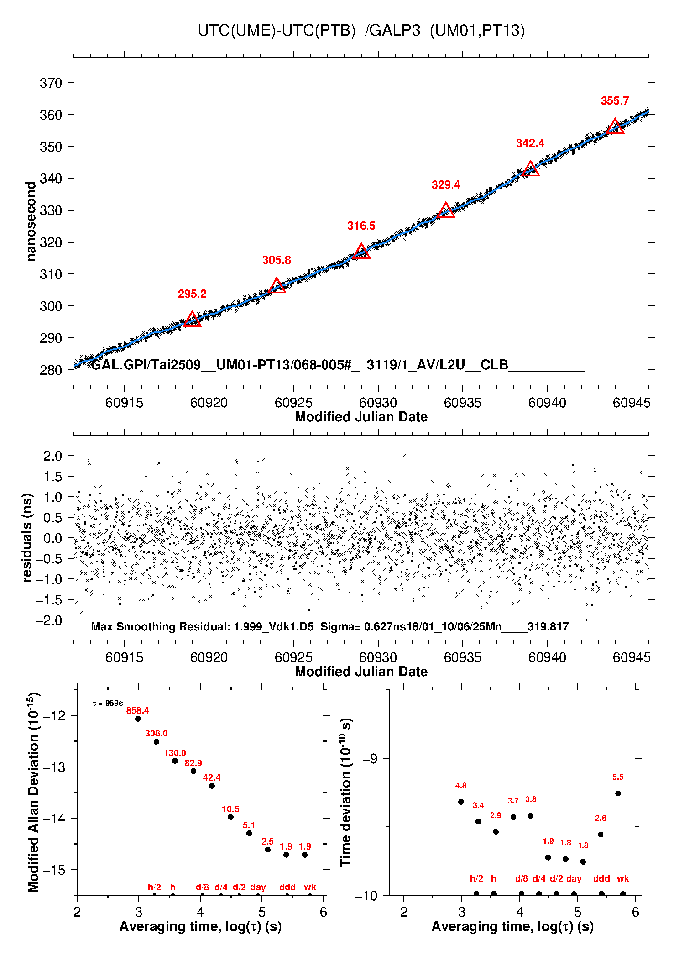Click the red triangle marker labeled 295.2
(x=193, y=320)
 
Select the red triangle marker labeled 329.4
(x=446, y=211)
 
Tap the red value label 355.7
(x=615, y=101)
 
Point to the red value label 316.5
(x=361, y=226)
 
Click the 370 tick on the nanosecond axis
(x=51, y=83)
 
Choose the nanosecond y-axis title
(x=31, y=221)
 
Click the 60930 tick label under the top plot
(x=378, y=403)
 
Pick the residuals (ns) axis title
(x=27, y=537)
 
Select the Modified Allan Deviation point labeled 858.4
(x=138, y=719)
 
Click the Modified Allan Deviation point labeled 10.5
(x=230, y=817)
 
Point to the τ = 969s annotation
(x=108, y=704)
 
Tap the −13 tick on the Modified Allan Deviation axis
(x=54, y=767)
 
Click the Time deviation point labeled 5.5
(x=618, y=793)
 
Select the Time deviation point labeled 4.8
(x=461, y=802)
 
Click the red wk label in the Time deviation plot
(x=623, y=878)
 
